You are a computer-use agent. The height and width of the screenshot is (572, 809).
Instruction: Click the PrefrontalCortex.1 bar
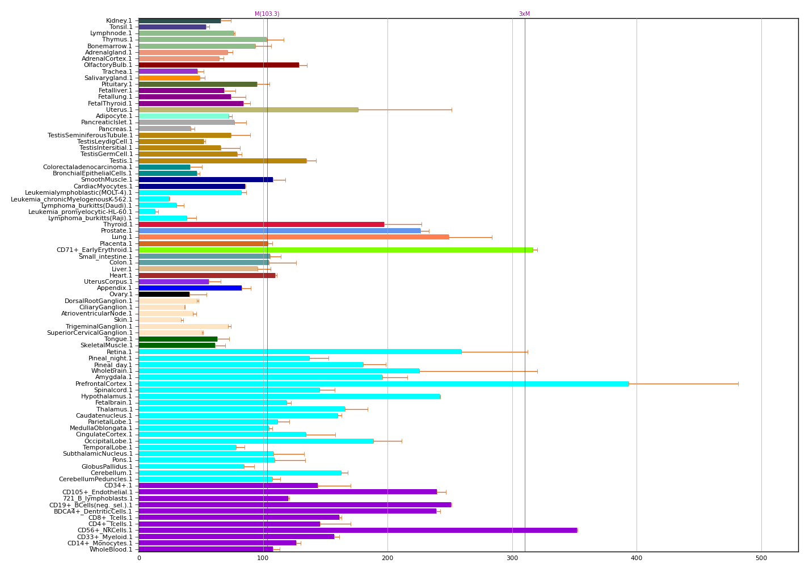click(x=384, y=384)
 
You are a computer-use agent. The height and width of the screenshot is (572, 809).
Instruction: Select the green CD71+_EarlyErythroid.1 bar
click(x=336, y=250)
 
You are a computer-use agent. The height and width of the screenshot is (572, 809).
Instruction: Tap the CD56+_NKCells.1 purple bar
click(x=357, y=530)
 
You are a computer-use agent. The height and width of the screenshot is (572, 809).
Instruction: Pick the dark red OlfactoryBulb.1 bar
click(x=219, y=65)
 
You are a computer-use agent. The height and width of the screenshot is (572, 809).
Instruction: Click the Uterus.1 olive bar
click(x=248, y=110)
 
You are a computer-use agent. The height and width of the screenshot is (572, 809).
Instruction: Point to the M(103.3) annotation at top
click(x=267, y=14)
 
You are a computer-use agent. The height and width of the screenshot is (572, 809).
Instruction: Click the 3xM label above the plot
click(x=524, y=14)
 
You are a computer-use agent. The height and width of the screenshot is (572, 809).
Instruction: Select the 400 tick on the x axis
click(x=637, y=558)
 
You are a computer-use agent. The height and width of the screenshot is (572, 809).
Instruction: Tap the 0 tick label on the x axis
click(x=139, y=558)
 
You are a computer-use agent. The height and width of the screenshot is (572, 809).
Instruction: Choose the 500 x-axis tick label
click(x=761, y=558)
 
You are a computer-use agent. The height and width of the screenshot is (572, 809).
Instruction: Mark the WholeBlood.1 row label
click(x=111, y=549)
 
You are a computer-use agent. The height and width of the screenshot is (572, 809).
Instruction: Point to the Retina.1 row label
click(x=119, y=352)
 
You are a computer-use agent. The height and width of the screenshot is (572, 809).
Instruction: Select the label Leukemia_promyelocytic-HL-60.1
click(x=81, y=212)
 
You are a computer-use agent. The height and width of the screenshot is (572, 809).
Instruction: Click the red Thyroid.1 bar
click(x=262, y=224)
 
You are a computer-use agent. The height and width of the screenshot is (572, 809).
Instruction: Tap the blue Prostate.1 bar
click(x=280, y=230)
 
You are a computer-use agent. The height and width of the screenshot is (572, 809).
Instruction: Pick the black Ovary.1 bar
click(x=164, y=294)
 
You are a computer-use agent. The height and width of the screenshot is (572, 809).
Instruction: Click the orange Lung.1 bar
click(x=294, y=237)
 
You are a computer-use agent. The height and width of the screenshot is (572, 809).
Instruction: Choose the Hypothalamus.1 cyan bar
click(x=289, y=396)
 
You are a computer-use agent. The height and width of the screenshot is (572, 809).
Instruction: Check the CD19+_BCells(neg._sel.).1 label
click(x=91, y=505)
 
